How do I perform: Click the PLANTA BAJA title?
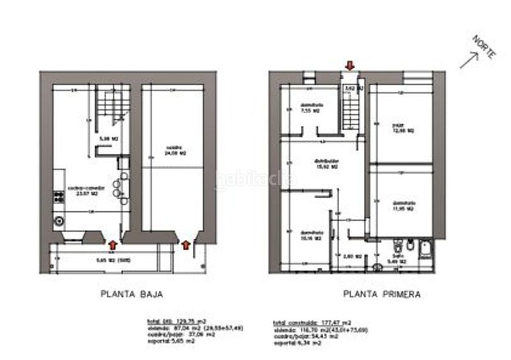point(131,294)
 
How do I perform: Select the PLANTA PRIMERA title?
point(381,294)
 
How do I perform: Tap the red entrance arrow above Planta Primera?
point(349,64)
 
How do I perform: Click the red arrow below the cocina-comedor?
point(113,243)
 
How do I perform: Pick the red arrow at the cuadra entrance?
point(186,244)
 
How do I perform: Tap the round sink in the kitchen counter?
point(59,221)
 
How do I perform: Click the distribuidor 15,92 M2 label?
point(326,163)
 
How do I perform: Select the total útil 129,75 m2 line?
point(169,322)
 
